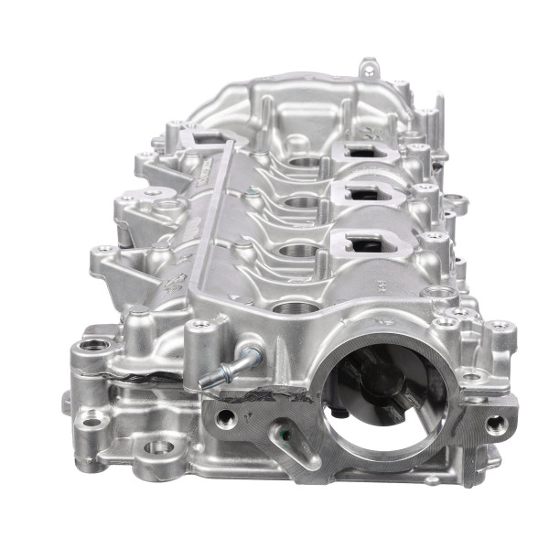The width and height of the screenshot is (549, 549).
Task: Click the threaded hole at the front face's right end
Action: pos(495,423)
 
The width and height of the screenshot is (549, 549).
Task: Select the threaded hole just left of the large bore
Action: pos(225,418)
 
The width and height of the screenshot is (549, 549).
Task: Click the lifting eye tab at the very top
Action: pos(368,67)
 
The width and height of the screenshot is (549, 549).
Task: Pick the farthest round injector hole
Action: pos(306,164)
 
